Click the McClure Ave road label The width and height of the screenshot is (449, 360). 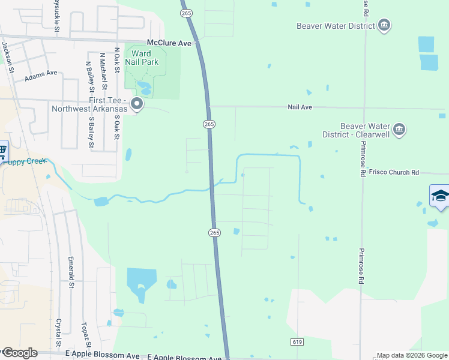169,43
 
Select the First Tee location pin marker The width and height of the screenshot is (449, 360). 137,104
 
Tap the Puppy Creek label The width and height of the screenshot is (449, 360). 27,161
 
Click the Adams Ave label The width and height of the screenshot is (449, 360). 41,76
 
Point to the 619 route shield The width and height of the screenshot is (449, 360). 298,341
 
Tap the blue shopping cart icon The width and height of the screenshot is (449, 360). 2,150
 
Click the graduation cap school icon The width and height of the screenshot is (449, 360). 440,196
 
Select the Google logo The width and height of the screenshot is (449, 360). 19,353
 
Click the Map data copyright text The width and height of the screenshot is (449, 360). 412,355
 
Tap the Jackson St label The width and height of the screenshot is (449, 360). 8,57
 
